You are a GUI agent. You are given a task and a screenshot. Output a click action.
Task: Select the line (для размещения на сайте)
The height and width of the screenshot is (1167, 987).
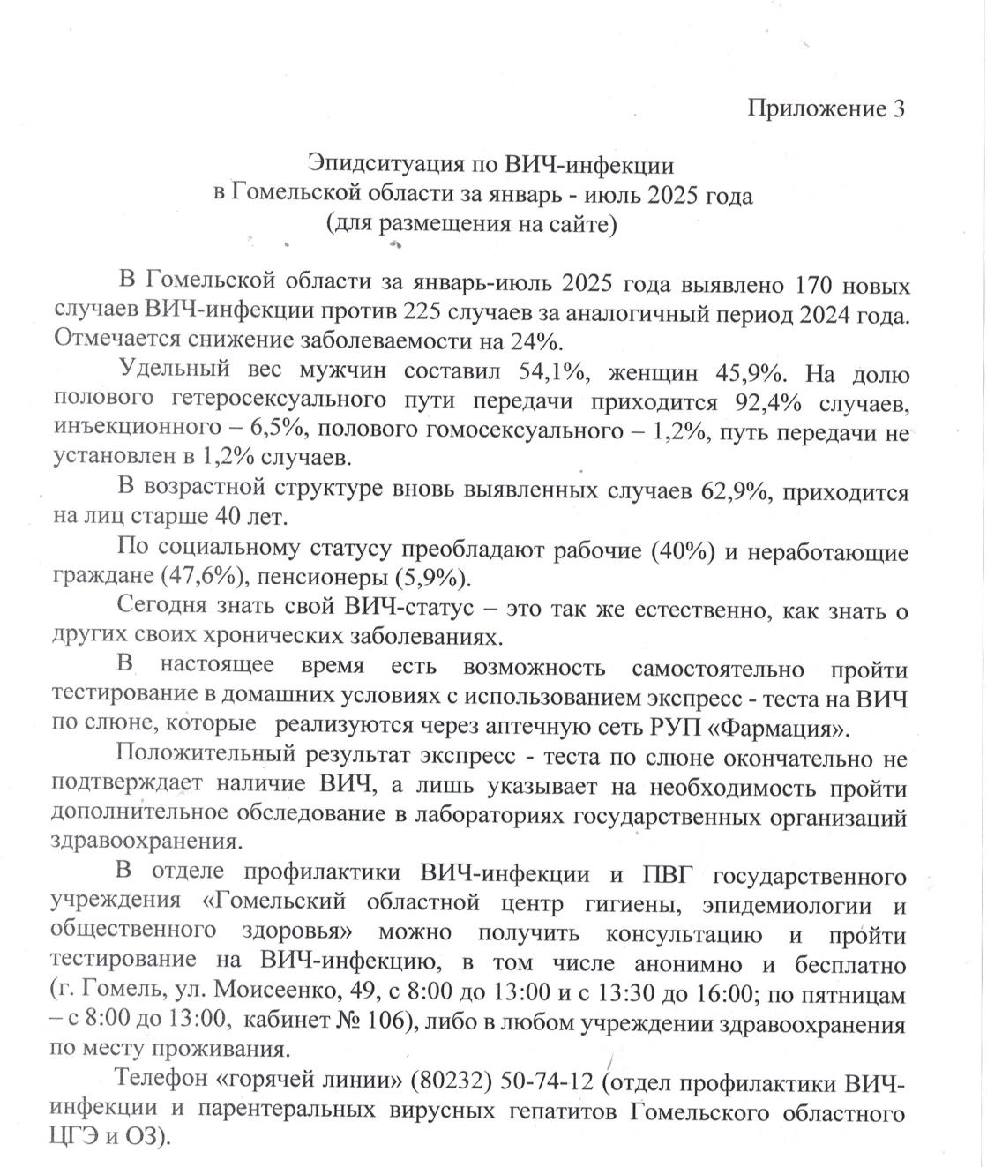coord(472,223)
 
